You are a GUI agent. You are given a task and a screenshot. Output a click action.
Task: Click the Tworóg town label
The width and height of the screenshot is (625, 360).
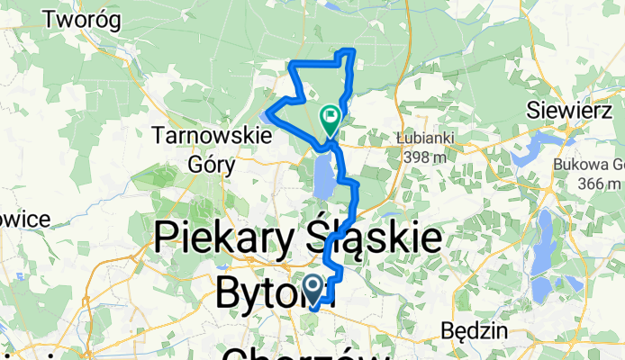[x=87, y=18]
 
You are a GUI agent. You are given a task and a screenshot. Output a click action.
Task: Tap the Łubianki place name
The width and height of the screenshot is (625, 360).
[x=422, y=138]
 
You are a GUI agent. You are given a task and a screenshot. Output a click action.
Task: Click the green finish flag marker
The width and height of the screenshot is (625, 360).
[x=330, y=117]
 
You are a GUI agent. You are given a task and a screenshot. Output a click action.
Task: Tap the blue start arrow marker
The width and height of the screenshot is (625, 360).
[x=313, y=289]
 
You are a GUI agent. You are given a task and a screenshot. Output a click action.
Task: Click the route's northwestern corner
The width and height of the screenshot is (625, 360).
[x=289, y=63]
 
